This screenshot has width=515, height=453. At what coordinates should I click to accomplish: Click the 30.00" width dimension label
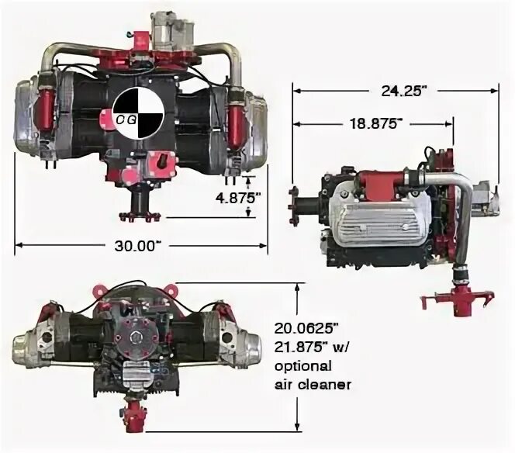click(x=138, y=246)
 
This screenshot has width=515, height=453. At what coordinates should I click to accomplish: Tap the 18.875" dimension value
click(x=375, y=124)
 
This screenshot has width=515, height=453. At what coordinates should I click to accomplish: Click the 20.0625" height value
click(x=306, y=328)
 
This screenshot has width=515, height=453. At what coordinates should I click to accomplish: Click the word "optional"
click(x=302, y=366)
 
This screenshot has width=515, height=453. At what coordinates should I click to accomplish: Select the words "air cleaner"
click(x=313, y=385)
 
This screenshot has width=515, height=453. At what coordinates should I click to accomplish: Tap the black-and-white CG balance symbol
click(x=138, y=113)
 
